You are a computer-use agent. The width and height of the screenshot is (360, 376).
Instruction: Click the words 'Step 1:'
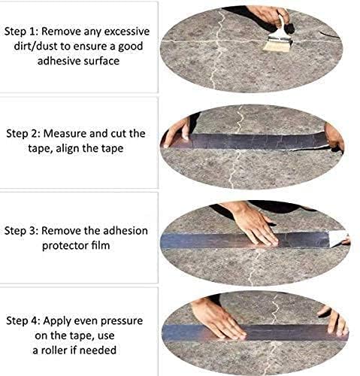pos(24,34)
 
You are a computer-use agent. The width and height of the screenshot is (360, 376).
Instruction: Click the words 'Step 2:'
pos(24,134)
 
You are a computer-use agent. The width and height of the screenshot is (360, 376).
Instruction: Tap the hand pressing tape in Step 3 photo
pos(252,223)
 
